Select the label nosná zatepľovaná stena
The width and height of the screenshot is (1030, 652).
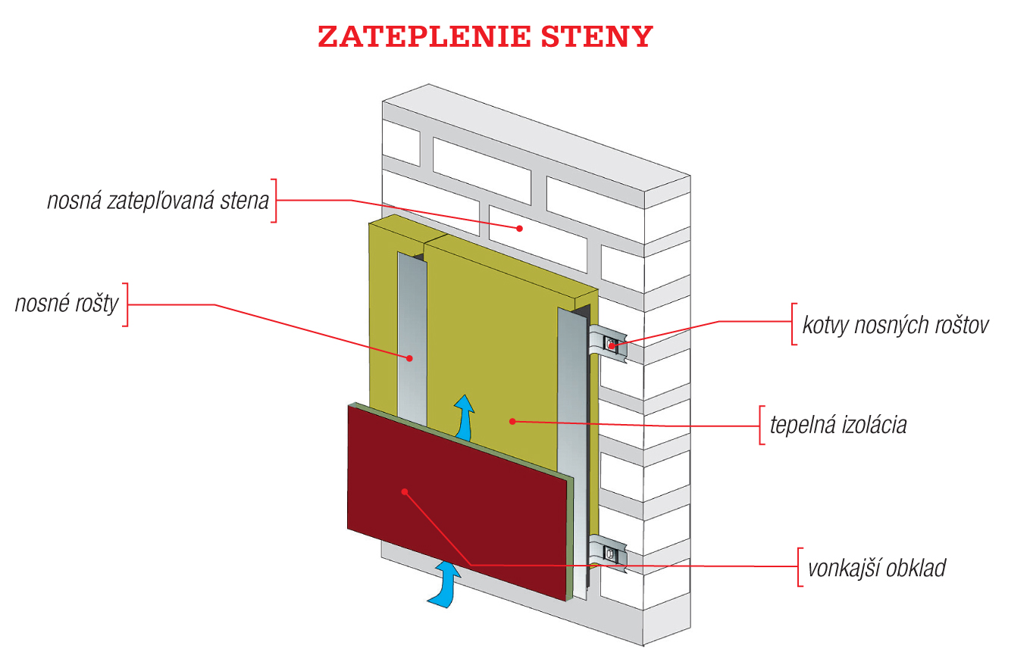(158, 201)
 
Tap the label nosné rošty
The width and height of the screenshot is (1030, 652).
(67, 304)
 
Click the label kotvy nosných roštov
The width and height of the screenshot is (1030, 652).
(895, 324)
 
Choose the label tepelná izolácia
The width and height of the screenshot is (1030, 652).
(837, 424)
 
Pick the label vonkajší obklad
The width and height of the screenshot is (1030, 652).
(876, 567)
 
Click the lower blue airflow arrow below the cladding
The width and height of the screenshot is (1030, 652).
(445, 584)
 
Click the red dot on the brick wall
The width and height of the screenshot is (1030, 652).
(520, 227)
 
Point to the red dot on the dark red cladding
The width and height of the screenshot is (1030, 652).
(405, 491)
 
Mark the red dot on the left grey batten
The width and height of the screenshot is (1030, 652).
(409, 357)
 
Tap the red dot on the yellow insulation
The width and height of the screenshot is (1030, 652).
(512, 421)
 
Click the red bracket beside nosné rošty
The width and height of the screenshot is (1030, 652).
(125, 304)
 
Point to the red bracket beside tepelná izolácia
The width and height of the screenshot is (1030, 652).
(761, 425)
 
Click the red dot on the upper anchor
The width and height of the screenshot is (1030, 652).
(612, 345)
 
